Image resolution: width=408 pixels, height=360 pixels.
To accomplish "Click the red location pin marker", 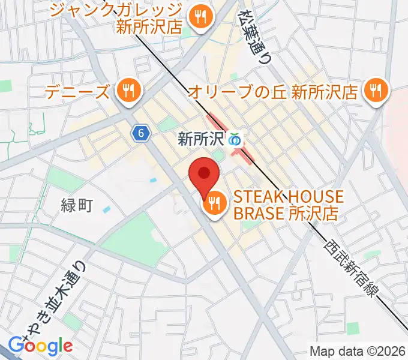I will pyautogui.click(x=204, y=175).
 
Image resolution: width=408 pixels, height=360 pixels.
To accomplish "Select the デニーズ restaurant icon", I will pyautogui.click(x=127, y=91).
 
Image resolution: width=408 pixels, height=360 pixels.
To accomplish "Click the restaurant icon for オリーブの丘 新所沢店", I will pyautogui.click(x=376, y=91).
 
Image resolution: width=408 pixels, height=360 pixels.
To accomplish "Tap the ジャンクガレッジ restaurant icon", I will pyautogui.click(x=200, y=17).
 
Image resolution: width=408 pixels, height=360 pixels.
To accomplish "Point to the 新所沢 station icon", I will pyautogui.click(x=235, y=140).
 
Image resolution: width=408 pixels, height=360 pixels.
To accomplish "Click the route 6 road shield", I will pyautogui.click(x=140, y=134).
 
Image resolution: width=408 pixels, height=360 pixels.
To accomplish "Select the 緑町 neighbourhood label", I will pyautogui.click(x=77, y=206).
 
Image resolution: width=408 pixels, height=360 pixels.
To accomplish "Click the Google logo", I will pyautogui.click(x=40, y=346).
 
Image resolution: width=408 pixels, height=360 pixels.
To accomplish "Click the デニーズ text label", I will pyautogui.click(x=78, y=92).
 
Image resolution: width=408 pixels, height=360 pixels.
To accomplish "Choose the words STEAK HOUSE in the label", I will pyautogui.click(x=289, y=197).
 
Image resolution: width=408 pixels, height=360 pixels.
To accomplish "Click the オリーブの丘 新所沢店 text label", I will pyautogui.click(x=272, y=92).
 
